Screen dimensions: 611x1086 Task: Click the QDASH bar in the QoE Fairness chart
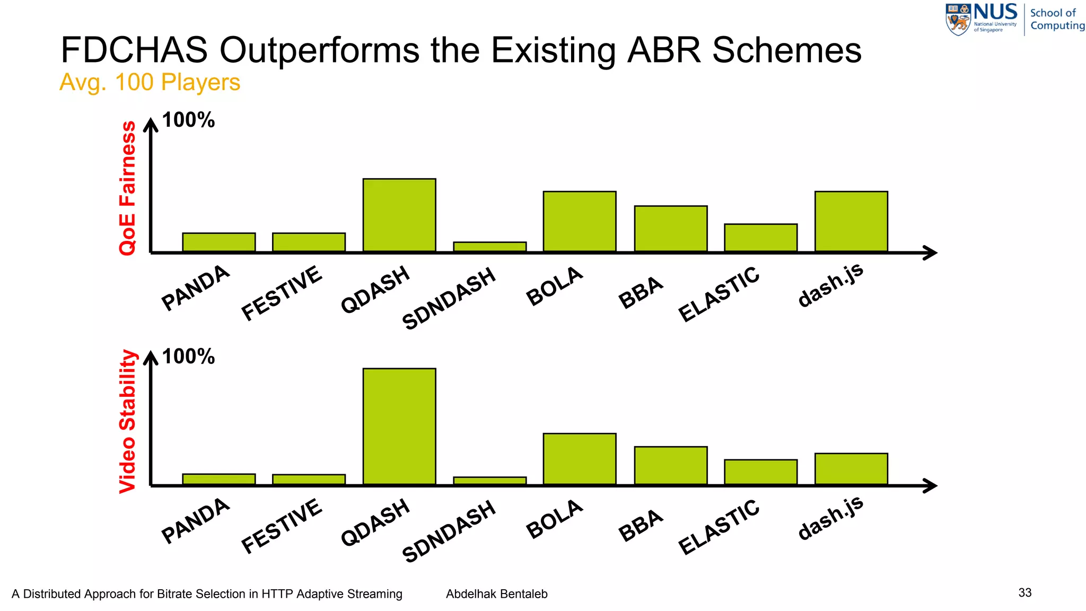[x=399, y=215]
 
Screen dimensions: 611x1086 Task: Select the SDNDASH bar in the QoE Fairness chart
[x=489, y=247]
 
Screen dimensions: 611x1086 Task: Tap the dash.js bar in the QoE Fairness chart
[x=851, y=221]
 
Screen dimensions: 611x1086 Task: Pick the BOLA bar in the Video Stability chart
[x=580, y=459]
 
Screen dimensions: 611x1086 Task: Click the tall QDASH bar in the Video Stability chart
[x=399, y=426]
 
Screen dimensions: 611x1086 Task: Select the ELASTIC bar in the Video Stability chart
[x=760, y=472]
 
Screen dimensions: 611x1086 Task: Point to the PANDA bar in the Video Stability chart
[x=219, y=479]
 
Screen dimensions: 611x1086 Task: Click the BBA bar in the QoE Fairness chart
[x=671, y=228]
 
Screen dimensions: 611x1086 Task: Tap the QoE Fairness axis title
[x=128, y=188]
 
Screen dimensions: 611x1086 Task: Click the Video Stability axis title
[x=128, y=421]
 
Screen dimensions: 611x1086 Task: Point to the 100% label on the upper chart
[x=188, y=120]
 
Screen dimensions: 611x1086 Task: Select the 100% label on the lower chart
[x=188, y=356]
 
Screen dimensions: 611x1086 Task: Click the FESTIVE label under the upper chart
[x=282, y=293]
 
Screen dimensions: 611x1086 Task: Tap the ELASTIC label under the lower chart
[x=719, y=527]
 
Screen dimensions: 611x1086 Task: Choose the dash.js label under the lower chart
[x=831, y=518]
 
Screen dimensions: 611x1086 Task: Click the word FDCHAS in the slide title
[x=134, y=50]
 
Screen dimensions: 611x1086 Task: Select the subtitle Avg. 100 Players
[x=150, y=82]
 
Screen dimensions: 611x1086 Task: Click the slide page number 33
[x=1025, y=592]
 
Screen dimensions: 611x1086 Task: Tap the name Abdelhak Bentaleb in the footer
[x=496, y=594]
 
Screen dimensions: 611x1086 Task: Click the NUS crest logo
[x=959, y=20]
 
